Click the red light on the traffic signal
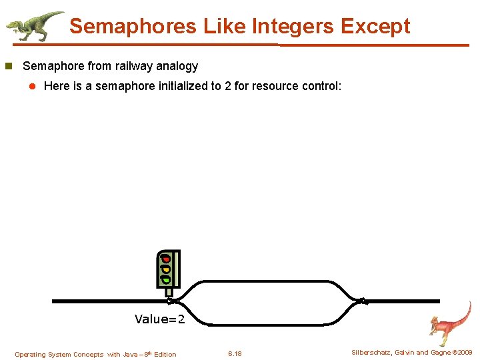coord(166,259)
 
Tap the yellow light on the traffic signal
coord(166,269)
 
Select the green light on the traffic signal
coord(166,279)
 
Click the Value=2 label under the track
coord(159,319)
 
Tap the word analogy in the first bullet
coord(178,66)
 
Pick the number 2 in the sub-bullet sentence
coord(228,86)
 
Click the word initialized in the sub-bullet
coord(185,86)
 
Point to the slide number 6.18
coord(235,354)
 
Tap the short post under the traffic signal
coord(169,292)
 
